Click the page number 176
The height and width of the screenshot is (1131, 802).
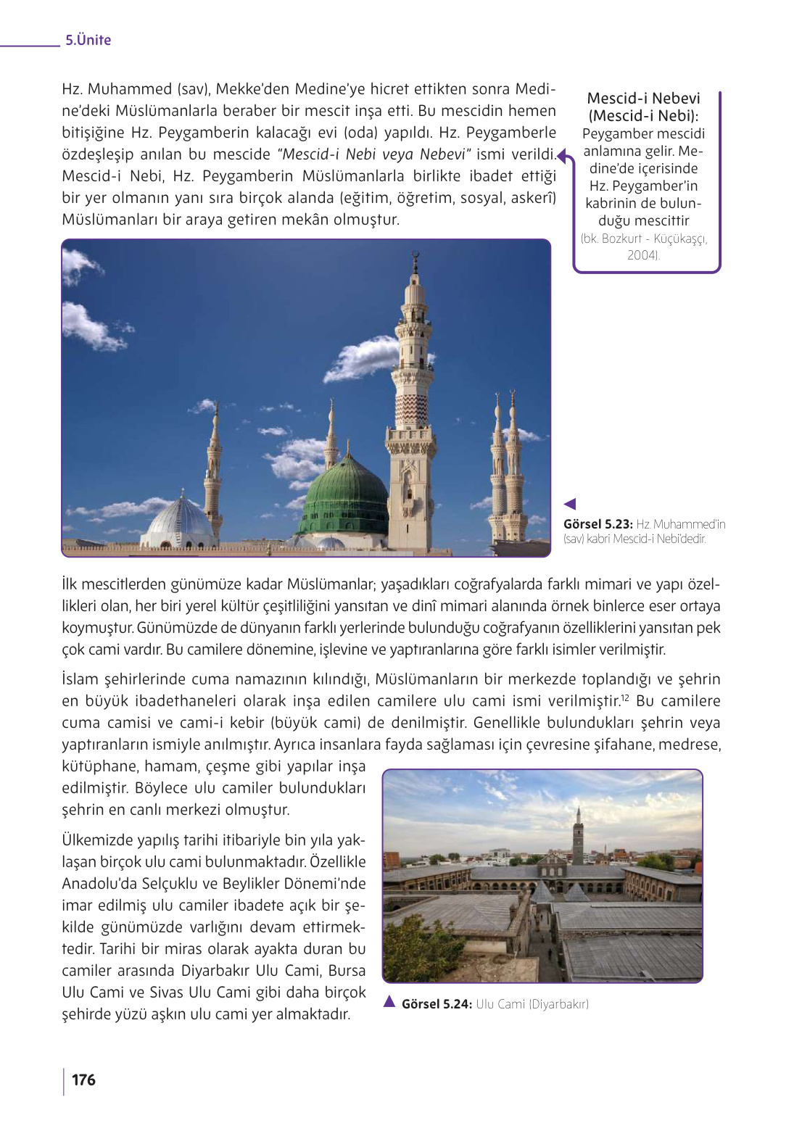coord(83,1080)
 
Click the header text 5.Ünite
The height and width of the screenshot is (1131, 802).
coord(88,41)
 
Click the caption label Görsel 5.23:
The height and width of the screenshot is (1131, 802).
coord(598,524)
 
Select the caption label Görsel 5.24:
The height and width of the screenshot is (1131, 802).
coord(437,1004)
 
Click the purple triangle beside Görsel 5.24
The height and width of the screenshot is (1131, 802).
coord(389,1002)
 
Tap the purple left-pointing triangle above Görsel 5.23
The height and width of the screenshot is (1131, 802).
coord(570,504)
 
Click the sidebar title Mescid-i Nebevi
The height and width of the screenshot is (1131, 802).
coord(643,99)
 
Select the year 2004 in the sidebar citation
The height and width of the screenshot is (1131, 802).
coord(642,255)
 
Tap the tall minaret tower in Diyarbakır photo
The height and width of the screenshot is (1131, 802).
coord(578,834)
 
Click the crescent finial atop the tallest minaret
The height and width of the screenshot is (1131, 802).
coord(416,257)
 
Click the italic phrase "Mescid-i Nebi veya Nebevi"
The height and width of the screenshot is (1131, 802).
coord(373,154)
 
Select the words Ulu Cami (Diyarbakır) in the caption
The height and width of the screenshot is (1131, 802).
coord(532,1004)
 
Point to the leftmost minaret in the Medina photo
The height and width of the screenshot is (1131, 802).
coord(213,471)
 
